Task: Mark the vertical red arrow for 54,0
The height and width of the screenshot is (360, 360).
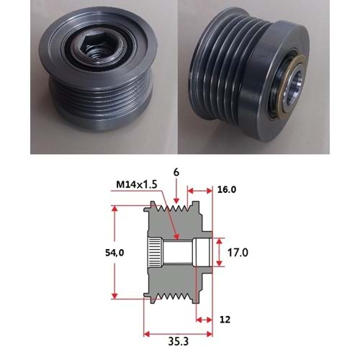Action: tap(114, 252)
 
